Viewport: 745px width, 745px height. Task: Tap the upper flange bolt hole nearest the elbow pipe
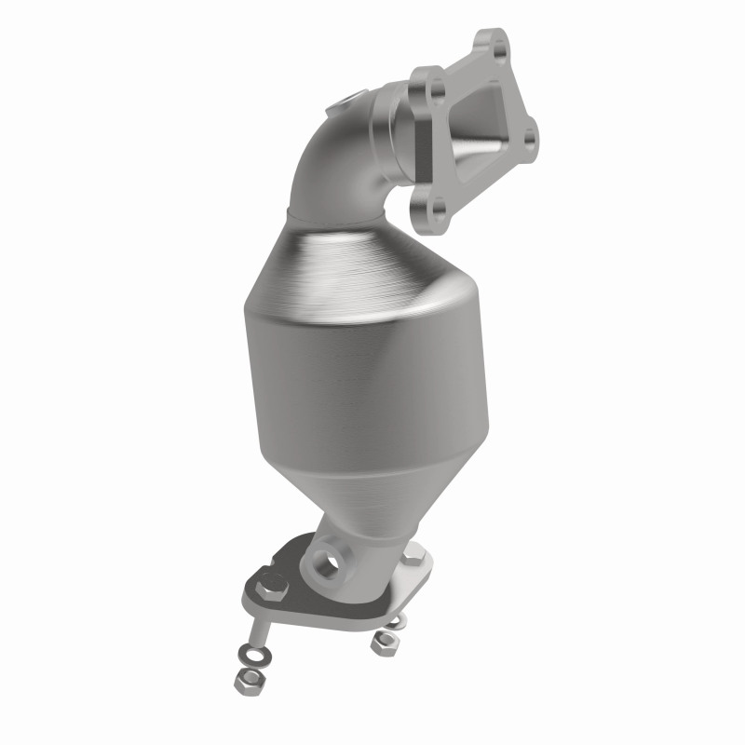[431, 89]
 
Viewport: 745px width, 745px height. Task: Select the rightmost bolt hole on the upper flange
[531, 138]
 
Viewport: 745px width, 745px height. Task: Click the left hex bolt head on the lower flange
[272, 588]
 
